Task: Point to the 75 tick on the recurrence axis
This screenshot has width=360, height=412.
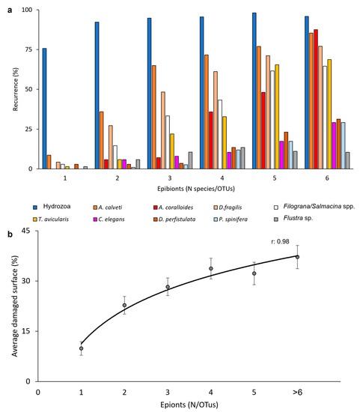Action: point(28,49)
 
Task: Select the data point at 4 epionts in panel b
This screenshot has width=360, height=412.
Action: point(211,268)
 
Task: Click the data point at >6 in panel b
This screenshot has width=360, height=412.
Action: point(297,257)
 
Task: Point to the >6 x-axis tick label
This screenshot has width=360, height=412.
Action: point(297,392)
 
